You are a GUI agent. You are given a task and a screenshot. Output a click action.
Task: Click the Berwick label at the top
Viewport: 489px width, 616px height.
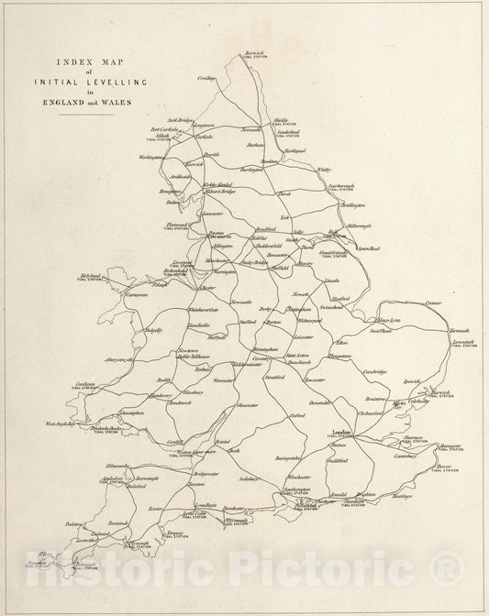click(x=255, y=54)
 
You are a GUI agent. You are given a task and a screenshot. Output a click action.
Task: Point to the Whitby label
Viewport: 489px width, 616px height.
click(x=324, y=170)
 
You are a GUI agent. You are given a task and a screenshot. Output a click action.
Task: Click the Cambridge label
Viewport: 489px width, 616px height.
click(x=373, y=371)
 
